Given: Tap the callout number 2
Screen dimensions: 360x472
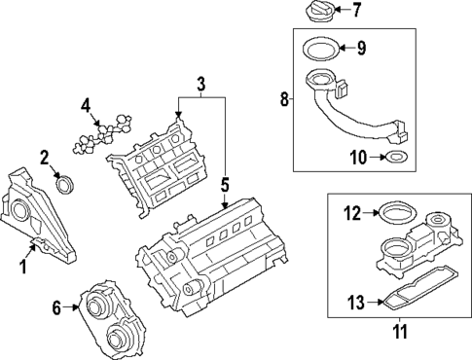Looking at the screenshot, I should point(44,157).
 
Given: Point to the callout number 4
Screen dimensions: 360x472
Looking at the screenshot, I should point(86,105).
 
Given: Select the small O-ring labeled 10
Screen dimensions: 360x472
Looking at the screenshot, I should point(396,157).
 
